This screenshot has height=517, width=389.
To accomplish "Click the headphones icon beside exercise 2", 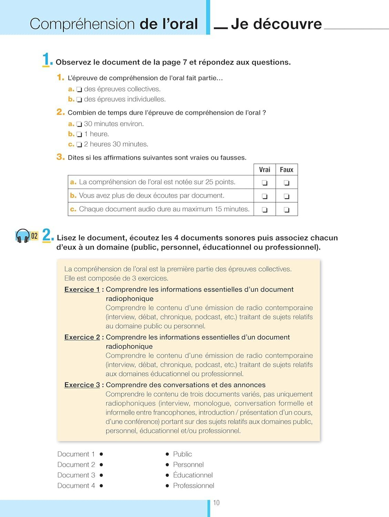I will point(23,236).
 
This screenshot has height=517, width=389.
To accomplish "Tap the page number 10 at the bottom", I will point(216,503).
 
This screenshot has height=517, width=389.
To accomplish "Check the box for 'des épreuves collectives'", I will point(79,89).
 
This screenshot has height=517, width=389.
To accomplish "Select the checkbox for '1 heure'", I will point(79,135).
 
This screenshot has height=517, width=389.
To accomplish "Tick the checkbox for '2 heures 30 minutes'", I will point(79,145).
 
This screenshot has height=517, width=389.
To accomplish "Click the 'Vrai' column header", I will point(265,170).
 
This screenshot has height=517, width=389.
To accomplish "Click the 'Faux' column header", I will point(286,170).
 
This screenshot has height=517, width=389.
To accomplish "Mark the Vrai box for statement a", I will point(265,182).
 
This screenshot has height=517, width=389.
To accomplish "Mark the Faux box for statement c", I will point(286,210).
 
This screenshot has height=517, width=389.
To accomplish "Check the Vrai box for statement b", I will point(265,196).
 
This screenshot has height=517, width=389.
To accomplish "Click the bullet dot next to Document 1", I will point(101,454).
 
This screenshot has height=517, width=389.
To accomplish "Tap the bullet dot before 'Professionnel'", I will point(167,485).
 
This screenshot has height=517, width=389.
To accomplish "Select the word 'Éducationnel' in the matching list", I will point(193,475).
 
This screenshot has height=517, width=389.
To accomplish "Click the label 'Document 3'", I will point(76,475).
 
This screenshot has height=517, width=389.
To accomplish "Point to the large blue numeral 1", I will point(46,60).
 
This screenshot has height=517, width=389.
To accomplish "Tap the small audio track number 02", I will point(35,236).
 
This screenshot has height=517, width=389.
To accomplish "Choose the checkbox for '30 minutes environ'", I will point(79,124).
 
